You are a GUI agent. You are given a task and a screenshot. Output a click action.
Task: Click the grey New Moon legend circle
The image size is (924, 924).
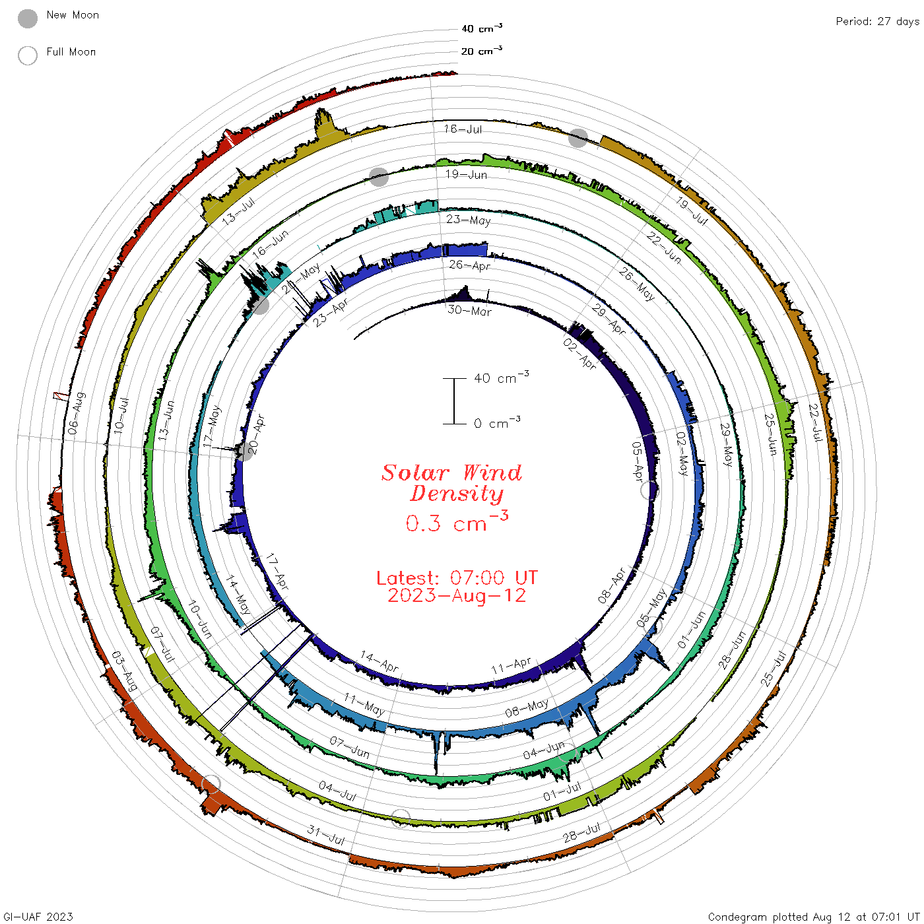click(27, 18)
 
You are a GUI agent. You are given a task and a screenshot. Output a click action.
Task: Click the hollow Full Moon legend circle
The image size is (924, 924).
click(27, 55)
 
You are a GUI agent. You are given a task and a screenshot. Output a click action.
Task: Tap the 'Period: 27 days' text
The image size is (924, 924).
click(877, 22)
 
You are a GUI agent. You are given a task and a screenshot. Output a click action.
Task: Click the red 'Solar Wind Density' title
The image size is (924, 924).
click(451, 483)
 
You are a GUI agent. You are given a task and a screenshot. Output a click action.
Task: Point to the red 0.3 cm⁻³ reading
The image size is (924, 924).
click(457, 521)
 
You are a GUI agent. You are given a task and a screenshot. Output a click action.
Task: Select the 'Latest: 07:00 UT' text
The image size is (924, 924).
click(457, 577)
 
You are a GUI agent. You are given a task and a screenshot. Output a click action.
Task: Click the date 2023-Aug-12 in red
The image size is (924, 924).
click(457, 595)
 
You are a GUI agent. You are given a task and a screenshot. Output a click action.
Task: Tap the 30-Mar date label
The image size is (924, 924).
click(469, 310)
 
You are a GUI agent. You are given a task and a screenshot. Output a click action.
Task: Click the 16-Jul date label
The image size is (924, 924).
click(463, 129)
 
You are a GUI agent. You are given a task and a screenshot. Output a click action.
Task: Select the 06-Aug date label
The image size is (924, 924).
click(77, 413)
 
